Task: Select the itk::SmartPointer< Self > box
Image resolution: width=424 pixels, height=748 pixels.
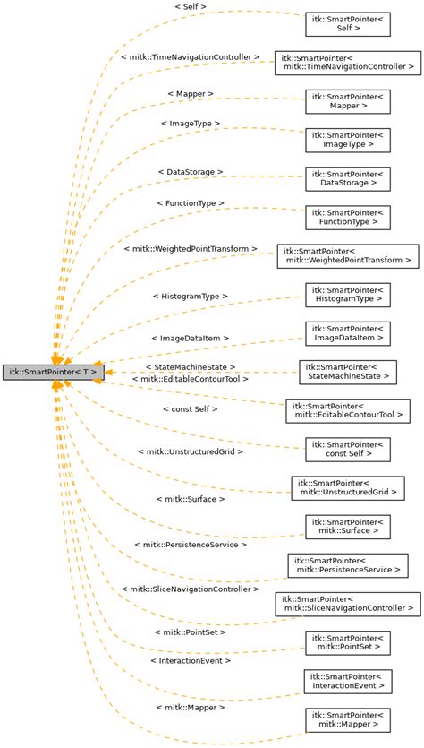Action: pyautogui.click(x=348, y=23)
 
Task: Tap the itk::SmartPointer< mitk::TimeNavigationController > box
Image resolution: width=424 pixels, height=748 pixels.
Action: pyautogui.click(x=348, y=62)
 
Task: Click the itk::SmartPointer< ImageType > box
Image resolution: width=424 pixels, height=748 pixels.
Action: pyautogui.click(x=348, y=139)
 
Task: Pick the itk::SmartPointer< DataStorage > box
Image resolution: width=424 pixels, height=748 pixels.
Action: pyautogui.click(x=348, y=177)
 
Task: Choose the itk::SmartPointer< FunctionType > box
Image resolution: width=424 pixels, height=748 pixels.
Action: pyautogui.click(x=348, y=217)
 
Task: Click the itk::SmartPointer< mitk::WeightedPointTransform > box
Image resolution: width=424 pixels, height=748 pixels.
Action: pyautogui.click(x=348, y=255)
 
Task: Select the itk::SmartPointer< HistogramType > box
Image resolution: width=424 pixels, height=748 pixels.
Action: pyautogui.click(x=348, y=295)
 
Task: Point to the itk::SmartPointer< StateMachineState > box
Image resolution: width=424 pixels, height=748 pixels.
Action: pyautogui.click(x=348, y=372)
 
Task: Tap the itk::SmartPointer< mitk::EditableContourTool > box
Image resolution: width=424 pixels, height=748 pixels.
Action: pyautogui.click(x=348, y=410)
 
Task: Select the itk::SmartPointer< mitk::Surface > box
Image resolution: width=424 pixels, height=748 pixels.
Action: pyautogui.click(x=348, y=527)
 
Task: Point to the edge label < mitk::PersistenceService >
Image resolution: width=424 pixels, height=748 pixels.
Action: pyautogui.click(x=190, y=544)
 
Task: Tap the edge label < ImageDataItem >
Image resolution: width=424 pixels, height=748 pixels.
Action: pyautogui.click(x=190, y=339)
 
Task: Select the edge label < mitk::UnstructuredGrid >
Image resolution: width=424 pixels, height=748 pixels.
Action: pyautogui.click(x=190, y=451)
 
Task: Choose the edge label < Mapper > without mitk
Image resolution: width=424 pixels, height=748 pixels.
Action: pyautogui.click(x=190, y=93)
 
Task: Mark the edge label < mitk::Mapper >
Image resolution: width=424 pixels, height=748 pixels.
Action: pyautogui.click(x=190, y=708)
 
